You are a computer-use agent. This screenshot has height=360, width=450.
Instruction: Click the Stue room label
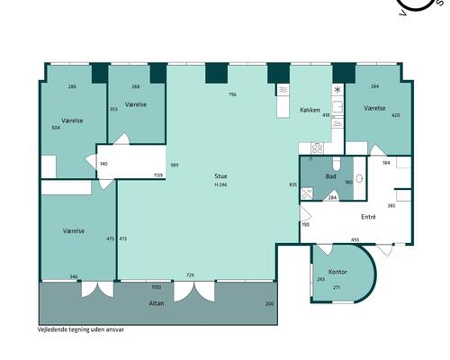coord(220,176)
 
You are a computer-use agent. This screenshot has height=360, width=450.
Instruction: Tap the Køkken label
coord(310,110)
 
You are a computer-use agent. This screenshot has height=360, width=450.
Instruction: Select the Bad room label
coord(330,176)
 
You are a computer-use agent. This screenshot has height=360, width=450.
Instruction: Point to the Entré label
coord(368,217)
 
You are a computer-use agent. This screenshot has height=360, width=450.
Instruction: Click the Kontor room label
coord(337,272)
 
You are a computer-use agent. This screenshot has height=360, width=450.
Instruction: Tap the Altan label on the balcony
coord(157,303)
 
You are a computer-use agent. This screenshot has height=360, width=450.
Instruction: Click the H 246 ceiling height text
coord(220,184)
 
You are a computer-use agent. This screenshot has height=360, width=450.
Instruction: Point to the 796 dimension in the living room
coord(232,94)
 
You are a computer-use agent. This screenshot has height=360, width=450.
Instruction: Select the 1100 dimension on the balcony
coord(157,287)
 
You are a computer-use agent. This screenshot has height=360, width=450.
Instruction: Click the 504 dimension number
coord(56,128)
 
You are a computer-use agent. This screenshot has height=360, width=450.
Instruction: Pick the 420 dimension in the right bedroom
coord(396,115)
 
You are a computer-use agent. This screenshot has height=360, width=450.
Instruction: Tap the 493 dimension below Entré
coord(355,239)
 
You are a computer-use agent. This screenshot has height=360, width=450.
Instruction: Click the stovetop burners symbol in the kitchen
coord(317,148)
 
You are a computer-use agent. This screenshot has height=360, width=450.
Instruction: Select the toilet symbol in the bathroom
coord(337,163)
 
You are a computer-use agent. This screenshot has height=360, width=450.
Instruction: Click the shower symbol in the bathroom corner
coord(307,193)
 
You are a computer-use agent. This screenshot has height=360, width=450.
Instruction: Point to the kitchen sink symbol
coord(337,106)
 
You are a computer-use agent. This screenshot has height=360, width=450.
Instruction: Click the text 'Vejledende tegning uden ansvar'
coord(80,329)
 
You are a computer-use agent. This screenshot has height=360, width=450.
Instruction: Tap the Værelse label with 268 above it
coord(136,104)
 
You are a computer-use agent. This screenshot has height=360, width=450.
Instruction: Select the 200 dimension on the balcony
coord(269,303)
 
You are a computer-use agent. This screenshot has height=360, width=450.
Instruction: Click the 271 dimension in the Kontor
coord(337,287)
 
